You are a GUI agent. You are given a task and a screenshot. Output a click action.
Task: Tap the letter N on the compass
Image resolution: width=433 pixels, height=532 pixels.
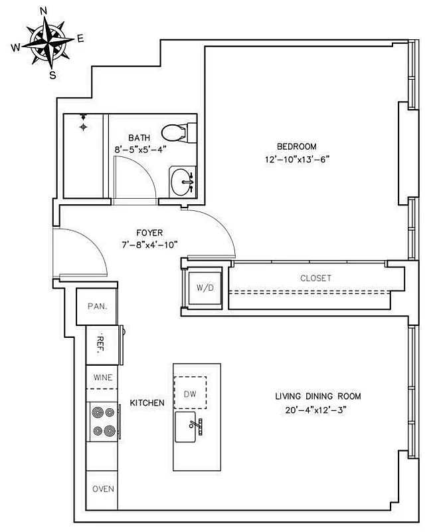click(44, 10)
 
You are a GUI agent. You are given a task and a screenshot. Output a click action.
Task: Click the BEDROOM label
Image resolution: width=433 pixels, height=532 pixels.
click(296, 146)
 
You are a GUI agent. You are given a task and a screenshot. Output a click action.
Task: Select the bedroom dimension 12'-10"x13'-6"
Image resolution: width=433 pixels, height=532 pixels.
click(296, 159)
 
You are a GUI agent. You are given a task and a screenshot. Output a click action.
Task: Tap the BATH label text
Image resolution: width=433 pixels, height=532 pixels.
click(138, 138)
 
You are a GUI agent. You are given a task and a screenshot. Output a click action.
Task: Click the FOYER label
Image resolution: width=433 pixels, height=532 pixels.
click(149, 233)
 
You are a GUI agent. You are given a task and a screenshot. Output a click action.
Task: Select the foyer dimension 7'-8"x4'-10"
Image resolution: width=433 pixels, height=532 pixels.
click(149, 245)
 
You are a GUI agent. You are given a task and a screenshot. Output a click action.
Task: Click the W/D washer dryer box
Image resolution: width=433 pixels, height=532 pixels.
click(205, 288)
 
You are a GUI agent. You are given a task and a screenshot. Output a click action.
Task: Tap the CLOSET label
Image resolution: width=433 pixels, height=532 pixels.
click(315, 278)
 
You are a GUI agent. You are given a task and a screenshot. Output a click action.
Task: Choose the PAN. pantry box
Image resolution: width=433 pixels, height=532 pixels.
click(97, 307)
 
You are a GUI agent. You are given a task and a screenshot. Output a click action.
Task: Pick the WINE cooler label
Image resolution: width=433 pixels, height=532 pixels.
click(102, 377)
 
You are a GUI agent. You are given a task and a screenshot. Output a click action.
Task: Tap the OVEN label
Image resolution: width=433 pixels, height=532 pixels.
click(103, 489)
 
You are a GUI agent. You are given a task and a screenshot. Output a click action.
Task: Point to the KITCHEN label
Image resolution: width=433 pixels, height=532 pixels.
click(147, 403)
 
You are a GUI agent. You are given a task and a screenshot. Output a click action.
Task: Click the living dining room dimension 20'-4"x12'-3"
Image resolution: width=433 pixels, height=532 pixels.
click(318, 409)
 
